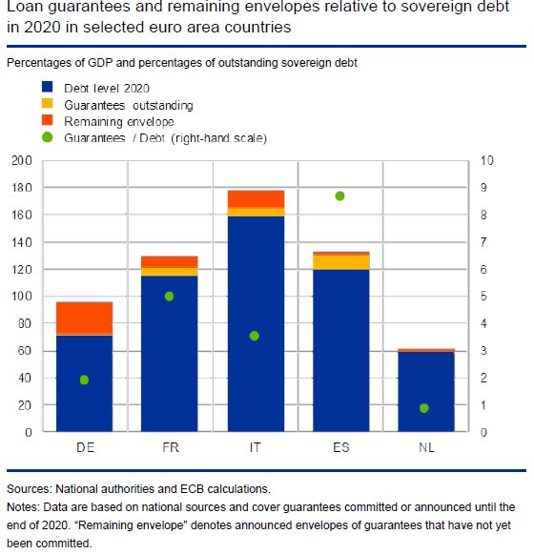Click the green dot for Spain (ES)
pos(339,196)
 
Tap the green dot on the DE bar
pos(84,380)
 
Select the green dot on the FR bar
pos(169,297)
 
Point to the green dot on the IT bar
pos(254,336)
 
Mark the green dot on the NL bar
pos(424,408)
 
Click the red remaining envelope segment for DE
pos(85,318)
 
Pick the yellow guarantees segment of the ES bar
pos(341,262)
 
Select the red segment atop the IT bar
pos(256,199)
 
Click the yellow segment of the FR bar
pos(170,272)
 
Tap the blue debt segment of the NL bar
pos(426,392)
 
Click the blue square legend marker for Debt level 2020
pos(48,87)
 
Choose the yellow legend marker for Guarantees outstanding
pos(48,103)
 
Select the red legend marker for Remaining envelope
pos(48,120)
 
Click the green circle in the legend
pos(48,137)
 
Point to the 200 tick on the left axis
pos(22,161)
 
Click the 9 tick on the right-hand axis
pos(483,188)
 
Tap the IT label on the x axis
pos(256,447)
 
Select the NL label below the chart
pos(426,447)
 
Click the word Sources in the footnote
pos(30,489)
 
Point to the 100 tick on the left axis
pos(22,297)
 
